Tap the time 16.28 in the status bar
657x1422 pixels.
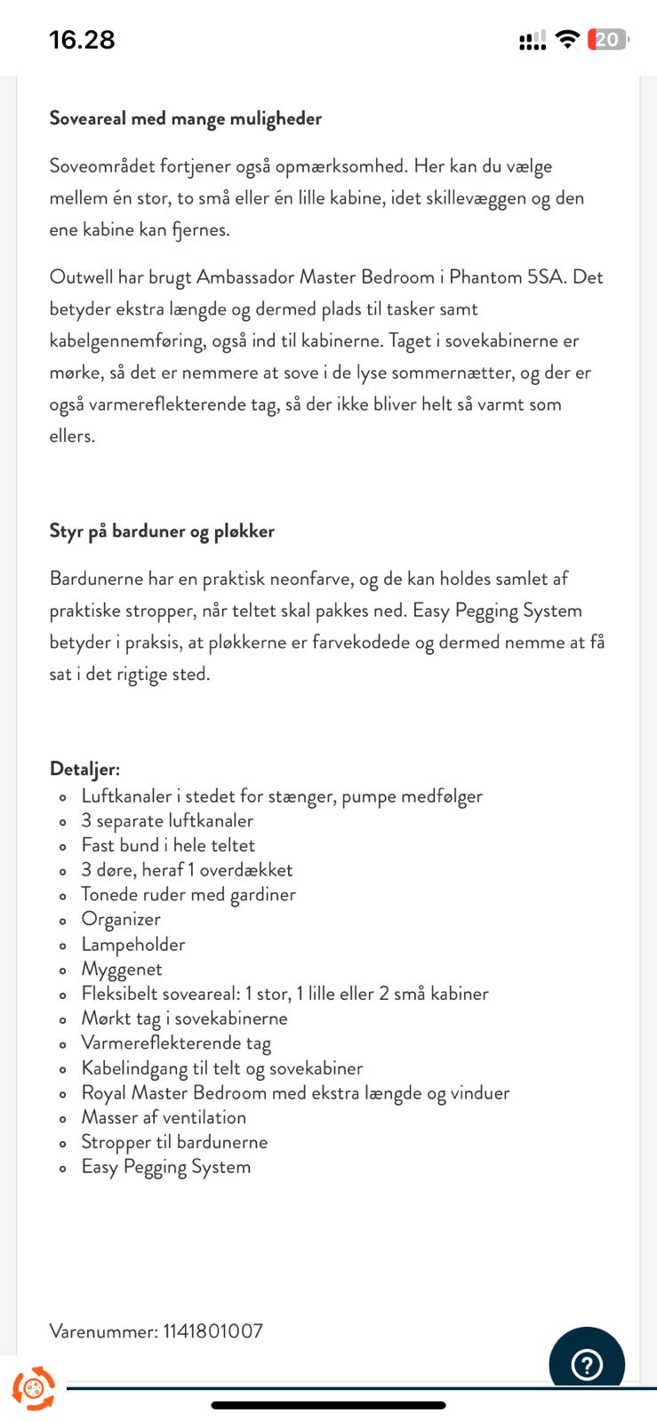pyautogui.click(x=82, y=40)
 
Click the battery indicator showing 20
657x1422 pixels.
pyautogui.click(x=607, y=40)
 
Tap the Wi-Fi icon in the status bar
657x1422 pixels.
pyautogui.click(x=566, y=39)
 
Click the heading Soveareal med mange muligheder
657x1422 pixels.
pyautogui.click(x=185, y=118)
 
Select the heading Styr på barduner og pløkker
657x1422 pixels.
pyautogui.click(x=162, y=531)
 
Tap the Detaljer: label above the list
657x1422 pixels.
pyautogui.click(x=84, y=769)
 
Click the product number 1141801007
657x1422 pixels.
pyautogui.click(x=212, y=1330)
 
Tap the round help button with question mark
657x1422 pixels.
pyautogui.click(x=587, y=1363)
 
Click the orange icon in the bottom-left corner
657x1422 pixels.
pyautogui.click(x=33, y=1387)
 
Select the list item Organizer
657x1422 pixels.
pyautogui.click(x=121, y=919)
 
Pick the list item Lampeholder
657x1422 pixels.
pyautogui.click(x=133, y=944)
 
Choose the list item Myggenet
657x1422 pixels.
pyautogui.click(x=122, y=969)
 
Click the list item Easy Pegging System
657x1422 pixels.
pyautogui.click(x=166, y=1166)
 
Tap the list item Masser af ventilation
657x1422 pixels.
pyautogui.click(x=164, y=1117)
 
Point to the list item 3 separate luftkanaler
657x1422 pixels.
pyautogui.click(x=167, y=820)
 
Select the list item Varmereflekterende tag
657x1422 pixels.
pyautogui.click(x=176, y=1043)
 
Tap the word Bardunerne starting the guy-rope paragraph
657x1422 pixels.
pyautogui.click(x=96, y=579)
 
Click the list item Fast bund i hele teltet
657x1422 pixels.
pyautogui.click(x=168, y=845)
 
